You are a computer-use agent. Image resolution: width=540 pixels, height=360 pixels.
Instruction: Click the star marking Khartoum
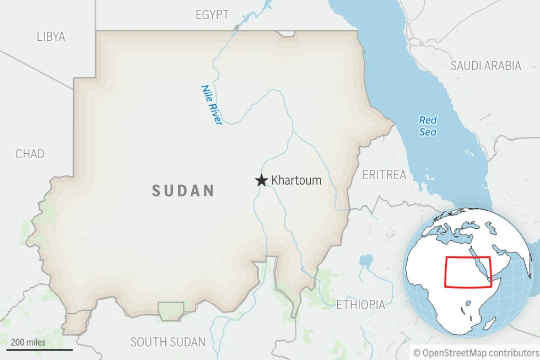tap(261, 180)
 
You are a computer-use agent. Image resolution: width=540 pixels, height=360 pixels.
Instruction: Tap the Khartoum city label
tap(296, 180)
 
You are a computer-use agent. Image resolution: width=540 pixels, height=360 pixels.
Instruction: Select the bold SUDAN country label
tap(183, 191)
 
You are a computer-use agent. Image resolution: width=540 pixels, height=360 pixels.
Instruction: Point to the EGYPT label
tap(212, 15)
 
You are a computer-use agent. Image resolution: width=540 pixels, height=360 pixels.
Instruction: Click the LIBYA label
tap(51, 37)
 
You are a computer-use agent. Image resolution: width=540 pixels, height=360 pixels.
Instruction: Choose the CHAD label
tap(30, 154)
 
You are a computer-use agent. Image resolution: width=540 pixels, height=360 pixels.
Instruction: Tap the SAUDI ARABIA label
tap(485, 66)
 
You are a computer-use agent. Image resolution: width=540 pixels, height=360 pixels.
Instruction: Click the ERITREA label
tap(384, 175)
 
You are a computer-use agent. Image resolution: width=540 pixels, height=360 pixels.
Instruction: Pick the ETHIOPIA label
tap(360, 304)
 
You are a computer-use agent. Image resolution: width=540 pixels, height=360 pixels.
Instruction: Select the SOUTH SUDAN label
tap(168, 342)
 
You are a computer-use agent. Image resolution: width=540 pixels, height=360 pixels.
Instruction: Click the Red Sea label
tap(428, 126)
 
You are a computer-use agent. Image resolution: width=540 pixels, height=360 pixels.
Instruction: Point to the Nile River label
tap(212, 105)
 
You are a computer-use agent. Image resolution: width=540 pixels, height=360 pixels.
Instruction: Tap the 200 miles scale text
tap(28, 342)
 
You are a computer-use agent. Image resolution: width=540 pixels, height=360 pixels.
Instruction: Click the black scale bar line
tap(39, 350)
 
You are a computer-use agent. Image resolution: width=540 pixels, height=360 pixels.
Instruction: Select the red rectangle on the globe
tap(467, 272)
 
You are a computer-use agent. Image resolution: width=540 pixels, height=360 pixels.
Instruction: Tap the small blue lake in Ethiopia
tap(365, 261)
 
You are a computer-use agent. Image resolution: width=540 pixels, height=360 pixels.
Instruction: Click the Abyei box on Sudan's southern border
tap(171, 310)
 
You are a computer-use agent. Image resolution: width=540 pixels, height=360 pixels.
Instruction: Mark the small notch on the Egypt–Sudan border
tap(287, 34)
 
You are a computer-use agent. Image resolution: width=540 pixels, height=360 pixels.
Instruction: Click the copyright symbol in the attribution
tap(417, 352)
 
